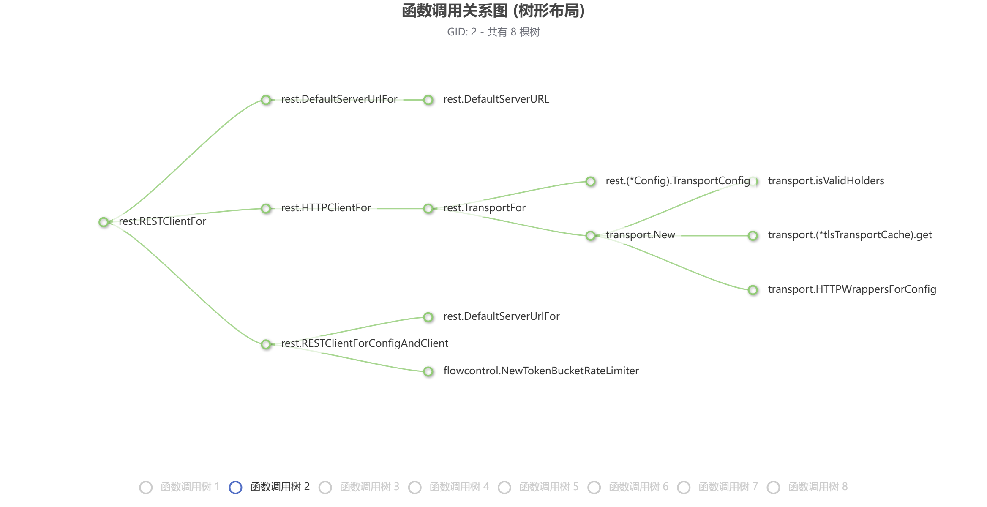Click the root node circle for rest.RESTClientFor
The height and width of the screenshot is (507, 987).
104,222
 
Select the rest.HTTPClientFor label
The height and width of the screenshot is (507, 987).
326,208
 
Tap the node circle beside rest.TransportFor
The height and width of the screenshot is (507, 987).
428,208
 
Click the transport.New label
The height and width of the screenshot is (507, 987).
640,235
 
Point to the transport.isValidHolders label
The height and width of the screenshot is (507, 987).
826,181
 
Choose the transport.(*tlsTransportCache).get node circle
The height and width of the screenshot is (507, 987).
753,235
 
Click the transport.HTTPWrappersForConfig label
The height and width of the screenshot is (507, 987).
852,289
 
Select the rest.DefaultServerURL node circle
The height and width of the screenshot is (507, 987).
428,100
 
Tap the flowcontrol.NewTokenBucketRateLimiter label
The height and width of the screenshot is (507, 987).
541,371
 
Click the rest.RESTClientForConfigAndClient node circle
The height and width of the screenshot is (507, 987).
266,344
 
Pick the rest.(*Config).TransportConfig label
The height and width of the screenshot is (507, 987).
677,181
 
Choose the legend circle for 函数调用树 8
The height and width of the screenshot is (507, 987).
773,487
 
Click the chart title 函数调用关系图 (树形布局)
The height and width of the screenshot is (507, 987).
493,11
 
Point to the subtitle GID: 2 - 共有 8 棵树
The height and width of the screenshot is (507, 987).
493,32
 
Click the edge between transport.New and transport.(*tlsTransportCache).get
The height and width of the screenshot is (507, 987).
714,235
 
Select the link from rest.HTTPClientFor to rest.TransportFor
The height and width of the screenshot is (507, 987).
399,208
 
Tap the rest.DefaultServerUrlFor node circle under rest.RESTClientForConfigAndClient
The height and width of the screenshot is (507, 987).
428,317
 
